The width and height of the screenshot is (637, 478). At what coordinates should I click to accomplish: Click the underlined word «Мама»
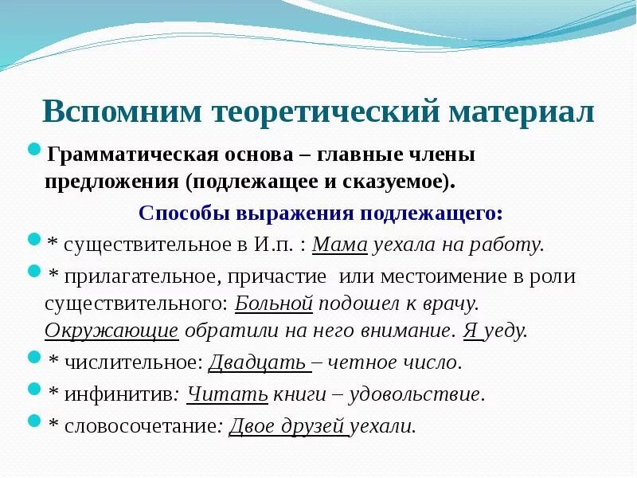pos(340,245)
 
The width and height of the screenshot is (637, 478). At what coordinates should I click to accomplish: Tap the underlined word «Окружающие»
pos(111,331)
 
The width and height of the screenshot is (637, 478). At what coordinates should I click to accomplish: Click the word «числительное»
pos(127,362)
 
